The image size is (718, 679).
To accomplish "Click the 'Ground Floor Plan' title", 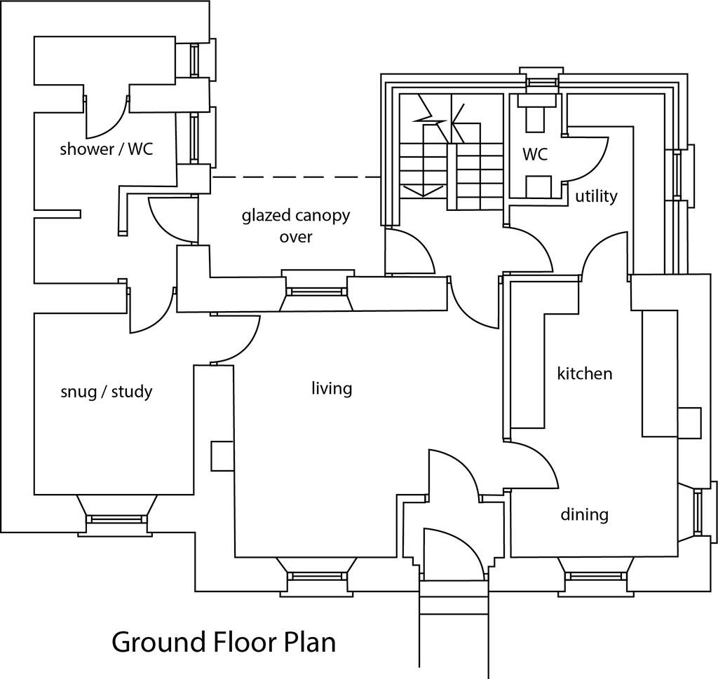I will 223,642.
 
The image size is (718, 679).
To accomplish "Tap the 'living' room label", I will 332,388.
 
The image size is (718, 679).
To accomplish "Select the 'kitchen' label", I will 584,373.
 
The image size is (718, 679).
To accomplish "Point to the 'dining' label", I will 584,515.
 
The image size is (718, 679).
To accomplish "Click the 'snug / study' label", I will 107,391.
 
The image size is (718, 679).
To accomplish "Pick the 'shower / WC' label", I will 106,149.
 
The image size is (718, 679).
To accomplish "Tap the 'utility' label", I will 596,196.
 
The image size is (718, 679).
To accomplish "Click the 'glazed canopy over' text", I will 295,226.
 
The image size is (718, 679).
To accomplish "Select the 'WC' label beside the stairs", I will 534,155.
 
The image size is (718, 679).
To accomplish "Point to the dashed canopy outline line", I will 294,177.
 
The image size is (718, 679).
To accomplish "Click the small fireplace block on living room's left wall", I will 222,455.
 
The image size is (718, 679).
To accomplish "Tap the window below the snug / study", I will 116,519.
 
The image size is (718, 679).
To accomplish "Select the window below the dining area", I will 592,577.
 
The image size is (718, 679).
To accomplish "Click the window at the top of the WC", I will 539,81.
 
